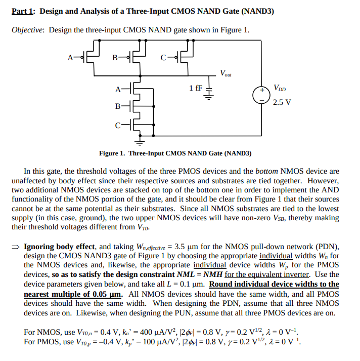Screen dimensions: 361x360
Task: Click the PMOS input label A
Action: [70, 57]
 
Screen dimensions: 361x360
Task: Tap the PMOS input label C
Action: [163, 57]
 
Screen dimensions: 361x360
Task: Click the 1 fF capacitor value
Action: [195, 88]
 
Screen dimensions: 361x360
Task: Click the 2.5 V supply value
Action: [282, 102]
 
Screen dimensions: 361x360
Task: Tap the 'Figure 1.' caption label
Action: [112, 153]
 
